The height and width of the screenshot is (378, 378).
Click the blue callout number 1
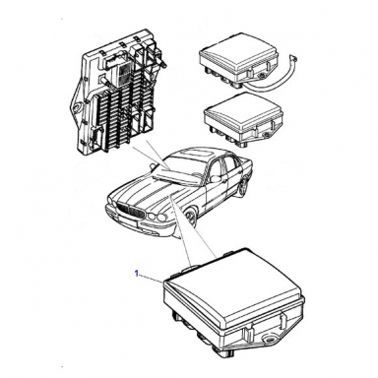[137, 273]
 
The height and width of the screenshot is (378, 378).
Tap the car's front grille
[131, 212]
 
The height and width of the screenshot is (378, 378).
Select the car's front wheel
[190, 220]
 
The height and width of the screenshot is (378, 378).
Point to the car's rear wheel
[244, 190]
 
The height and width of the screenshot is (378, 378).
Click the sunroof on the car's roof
[193, 154]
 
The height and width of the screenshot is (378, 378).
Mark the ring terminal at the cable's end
[293, 59]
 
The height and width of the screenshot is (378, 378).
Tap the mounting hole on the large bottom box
[272, 341]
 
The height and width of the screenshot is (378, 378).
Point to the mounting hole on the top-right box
[262, 77]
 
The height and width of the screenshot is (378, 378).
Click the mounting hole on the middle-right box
[267, 135]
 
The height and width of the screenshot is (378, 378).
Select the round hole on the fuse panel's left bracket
[77, 106]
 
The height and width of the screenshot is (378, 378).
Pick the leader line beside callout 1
[152, 278]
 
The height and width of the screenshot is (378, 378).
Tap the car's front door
[215, 185]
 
